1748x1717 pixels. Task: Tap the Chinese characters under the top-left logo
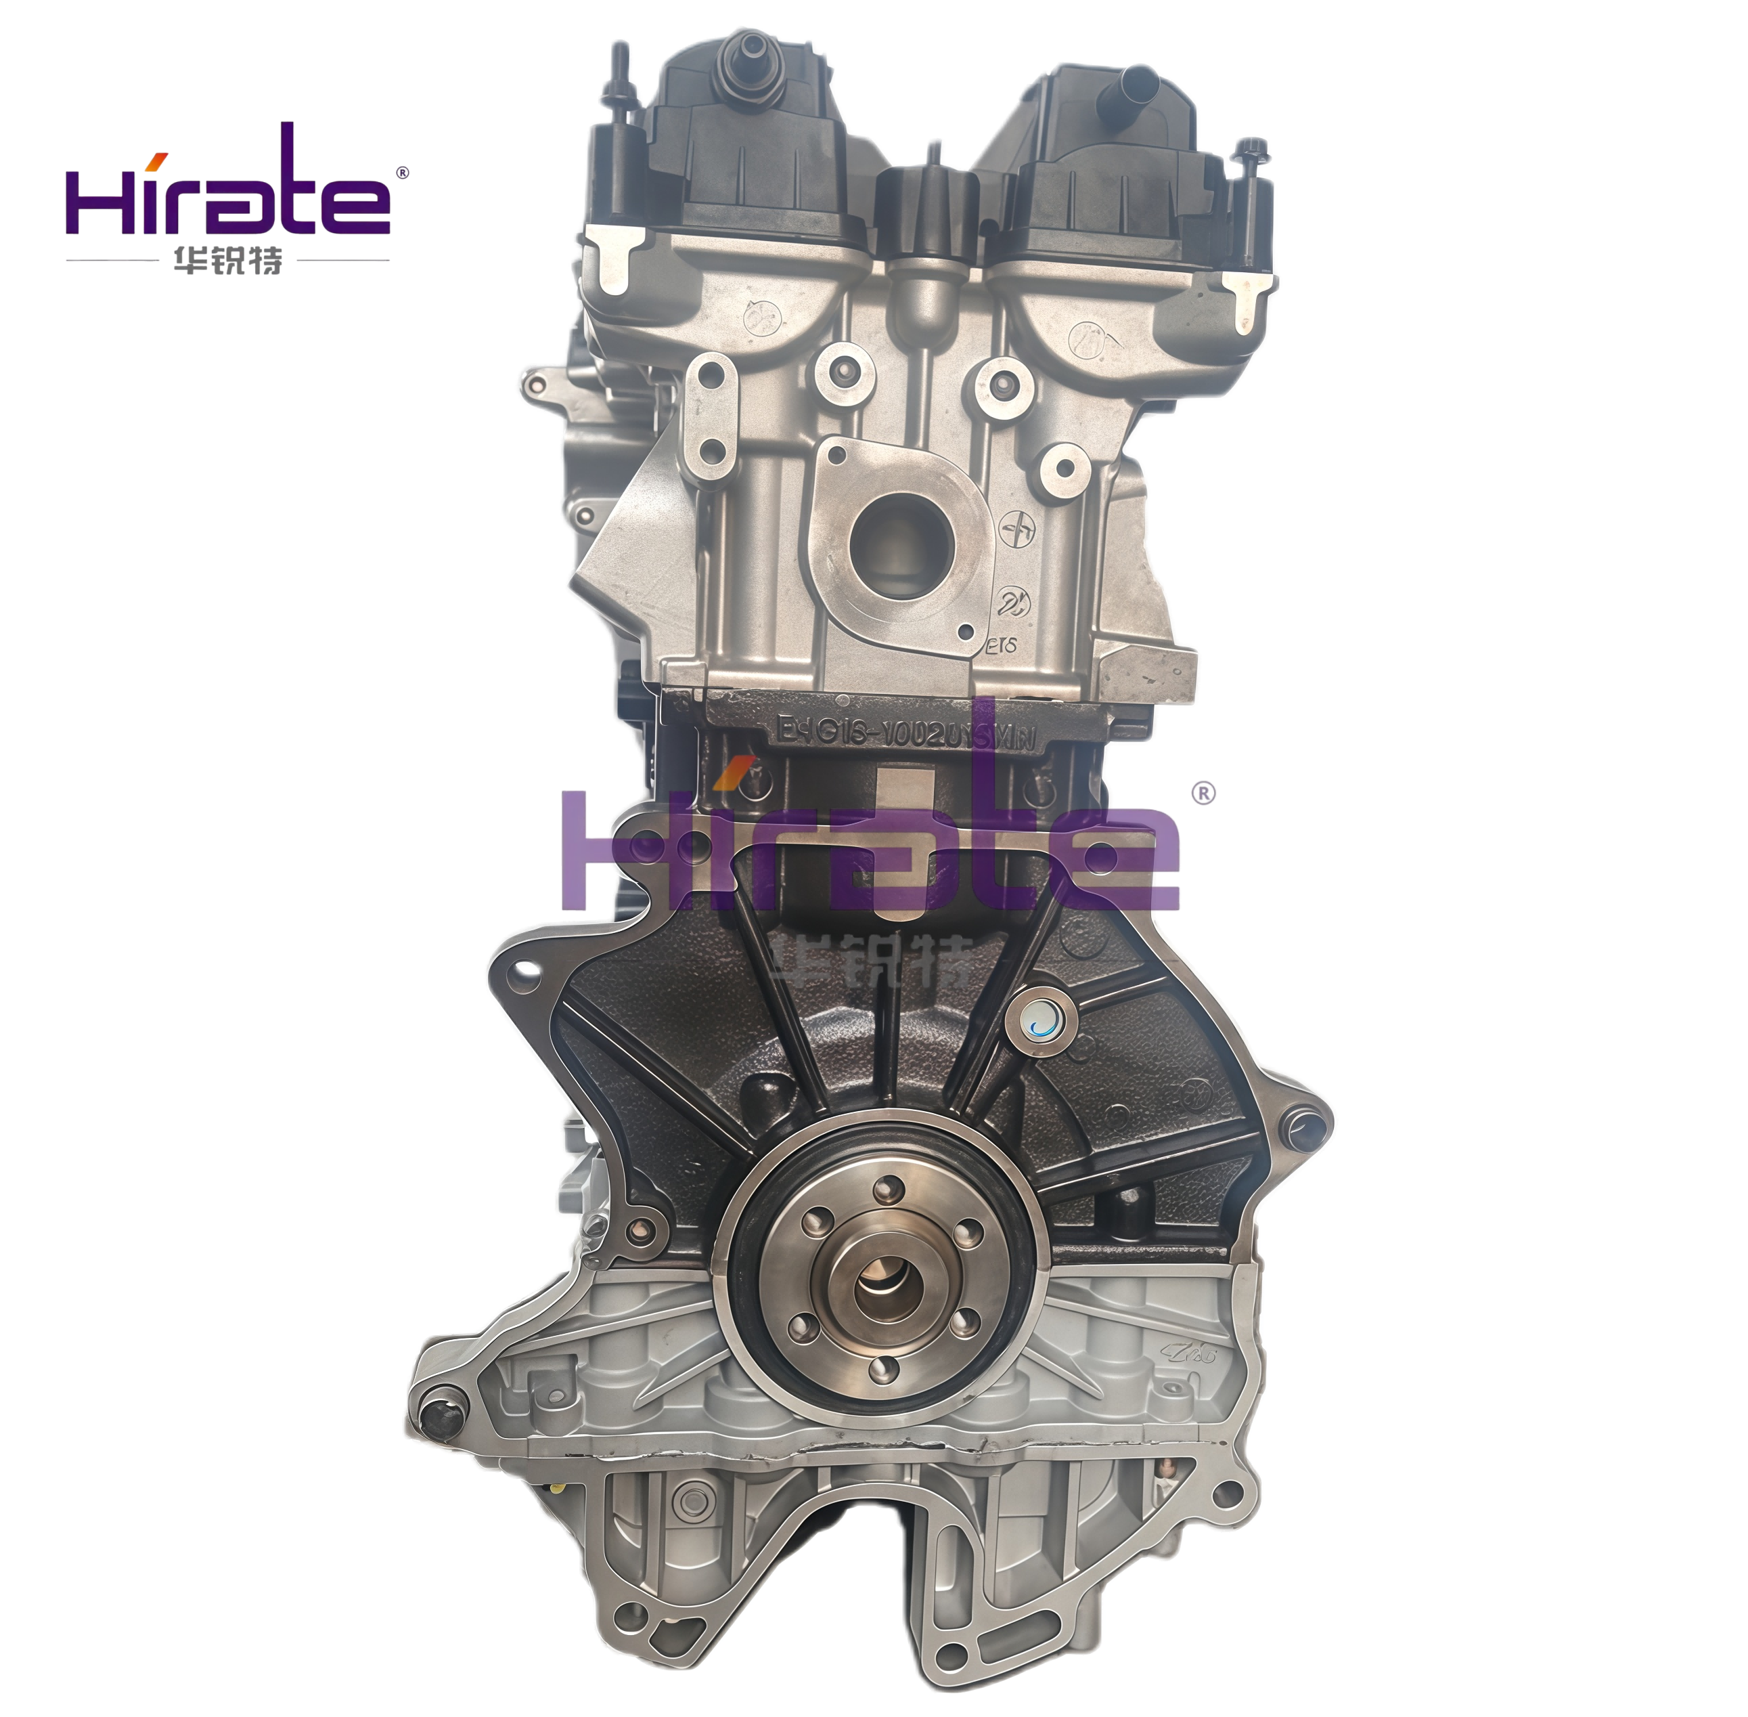[x=227, y=261]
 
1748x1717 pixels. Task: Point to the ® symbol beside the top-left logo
[x=402, y=172]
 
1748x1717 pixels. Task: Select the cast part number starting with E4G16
[x=906, y=729]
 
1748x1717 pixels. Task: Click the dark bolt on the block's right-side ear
[x=1303, y=1127]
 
